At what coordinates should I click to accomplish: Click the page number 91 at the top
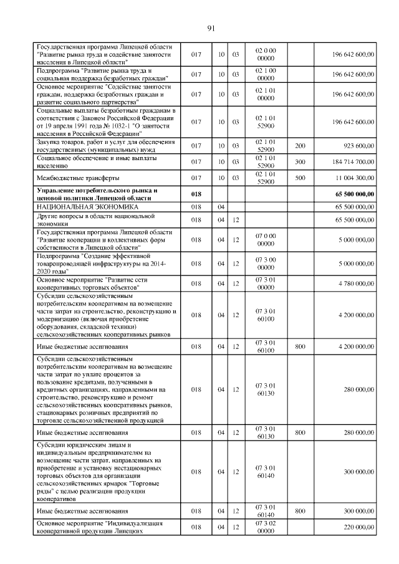[211, 28]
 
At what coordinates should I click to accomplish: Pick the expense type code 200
[300, 145]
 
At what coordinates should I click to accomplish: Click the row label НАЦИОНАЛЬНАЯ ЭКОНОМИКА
[87, 206]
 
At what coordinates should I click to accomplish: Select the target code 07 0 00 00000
[266, 239]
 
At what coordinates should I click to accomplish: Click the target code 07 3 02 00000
[266, 527]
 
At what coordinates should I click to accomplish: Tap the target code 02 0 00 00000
[266, 54]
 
